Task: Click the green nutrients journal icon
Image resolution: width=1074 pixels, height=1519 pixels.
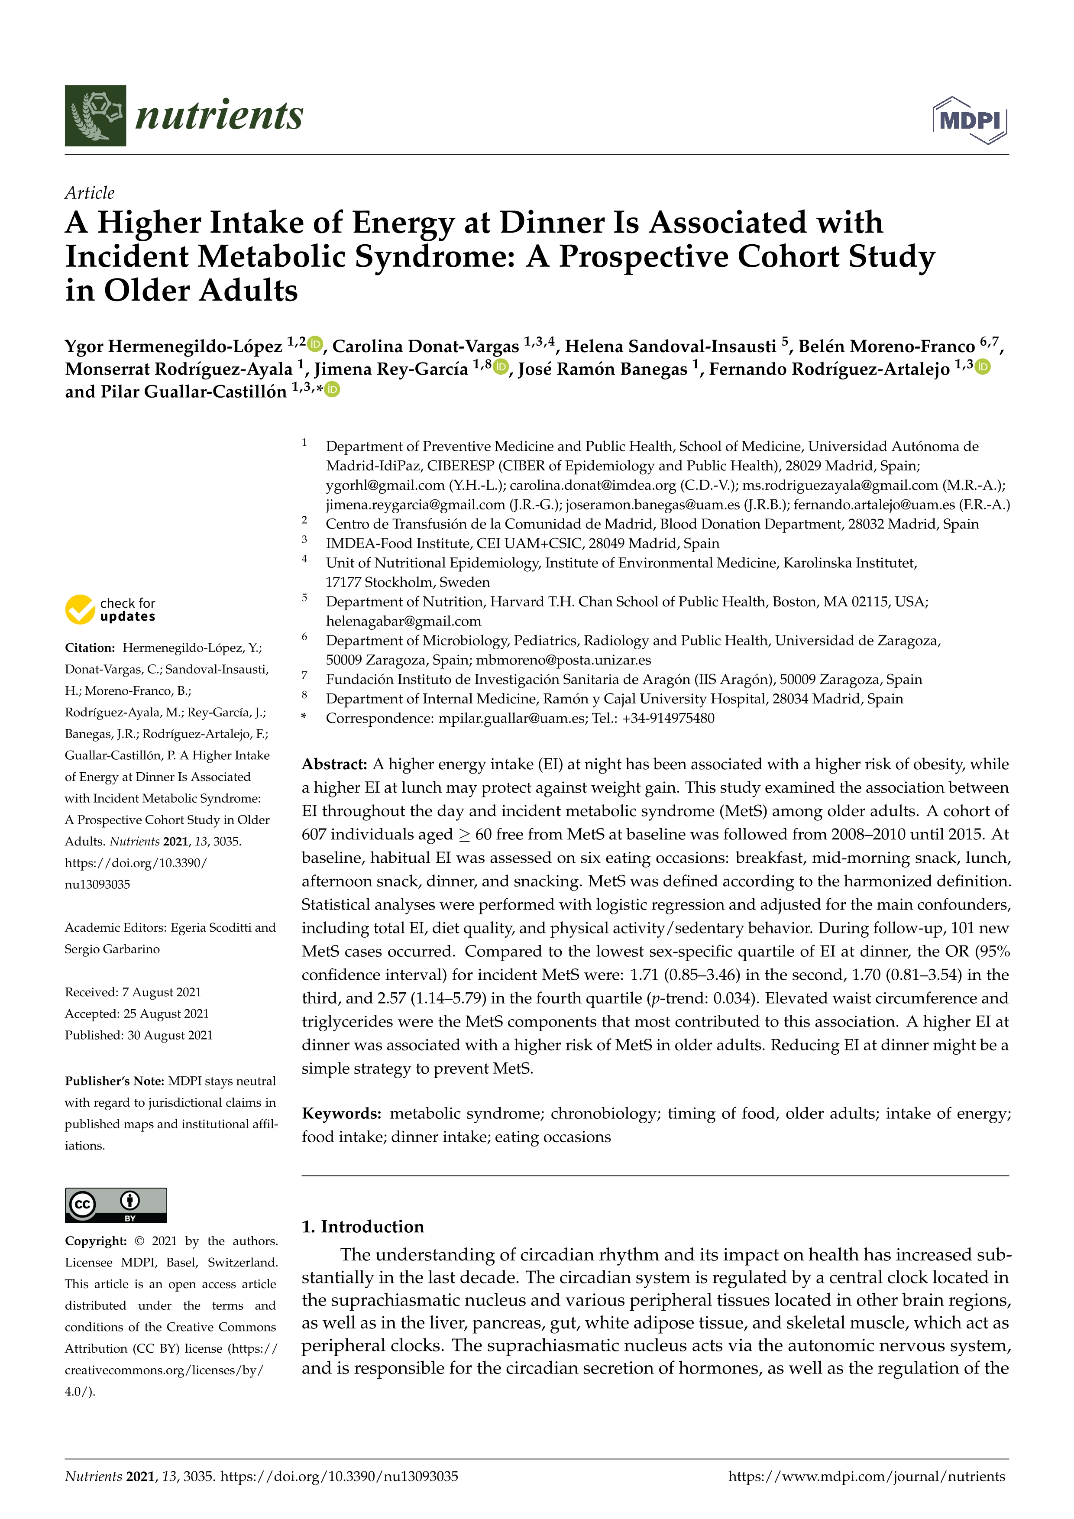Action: click(x=95, y=116)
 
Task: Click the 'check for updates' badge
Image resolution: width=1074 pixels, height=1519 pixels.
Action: click(x=110, y=609)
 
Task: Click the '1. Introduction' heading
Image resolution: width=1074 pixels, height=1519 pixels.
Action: click(x=362, y=1227)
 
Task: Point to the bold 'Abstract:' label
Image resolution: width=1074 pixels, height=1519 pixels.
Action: click(x=334, y=764)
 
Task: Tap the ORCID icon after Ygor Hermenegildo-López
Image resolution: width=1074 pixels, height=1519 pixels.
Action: click(x=315, y=344)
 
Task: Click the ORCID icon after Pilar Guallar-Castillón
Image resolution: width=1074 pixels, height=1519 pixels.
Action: click(x=332, y=390)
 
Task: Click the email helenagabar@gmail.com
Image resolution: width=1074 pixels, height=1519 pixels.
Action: click(x=404, y=621)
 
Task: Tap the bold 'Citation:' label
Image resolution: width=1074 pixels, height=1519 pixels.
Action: click(x=90, y=648)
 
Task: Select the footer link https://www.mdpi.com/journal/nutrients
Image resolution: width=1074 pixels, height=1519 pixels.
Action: click(x=866, y=1477)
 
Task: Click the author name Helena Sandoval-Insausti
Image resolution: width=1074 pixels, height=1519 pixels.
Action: click(x=670, y=347)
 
